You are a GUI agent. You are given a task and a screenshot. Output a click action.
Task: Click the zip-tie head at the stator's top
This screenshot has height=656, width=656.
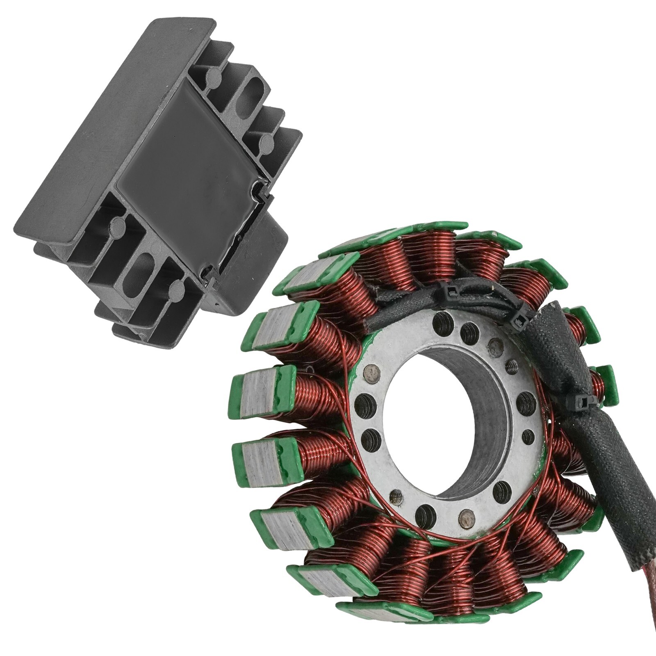451,291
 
